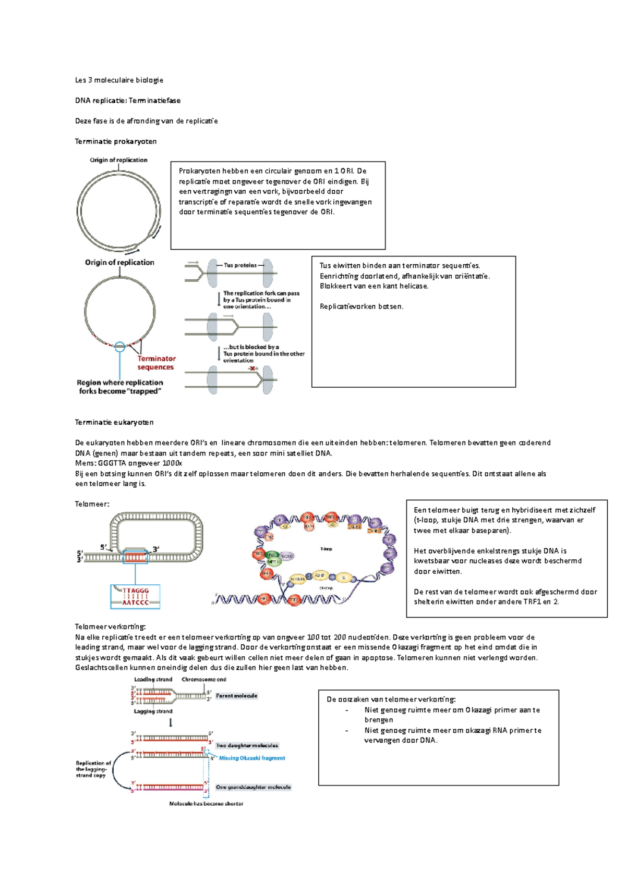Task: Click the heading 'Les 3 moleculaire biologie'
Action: pyautogui.click(x=119, y=80)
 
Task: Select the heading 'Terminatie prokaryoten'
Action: pyautogui.click(x=116, y=142)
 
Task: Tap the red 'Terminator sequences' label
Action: pyautogui.click(x=156, y=363)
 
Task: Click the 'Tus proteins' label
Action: pyautogui.click(x=240, y=265)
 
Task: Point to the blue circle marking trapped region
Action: pyautogui.click(x=120, y=346)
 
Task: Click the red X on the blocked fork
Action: pyautogui.click(x=252, y=368)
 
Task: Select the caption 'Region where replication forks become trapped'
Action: pyautogui.click(x=120, y=387)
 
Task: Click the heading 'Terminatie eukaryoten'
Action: pyautogui.click(x=114, y=422)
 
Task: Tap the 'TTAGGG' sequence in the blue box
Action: pyautogui.click(x=136, y=591)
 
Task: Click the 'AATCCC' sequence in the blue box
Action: pyautogui.click(x=135, y=603)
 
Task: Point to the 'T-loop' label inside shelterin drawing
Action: pyautogui.click(x=326, y=549)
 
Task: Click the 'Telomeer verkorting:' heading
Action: pyautogui.click(x=110, y=627)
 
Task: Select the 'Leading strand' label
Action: pyautogui.click(x=153, y=680)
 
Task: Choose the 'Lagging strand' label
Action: pyautogui.click(x=153, y=711)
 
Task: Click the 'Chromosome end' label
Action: pyautogui.click(x=203, y=680)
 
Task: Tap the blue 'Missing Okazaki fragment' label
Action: pyautogui.click(x=252, y=758)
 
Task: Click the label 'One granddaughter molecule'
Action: pyautogui.click(x=253, y=788)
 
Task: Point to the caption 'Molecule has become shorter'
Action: pyautogui.click(x=206, y=804)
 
